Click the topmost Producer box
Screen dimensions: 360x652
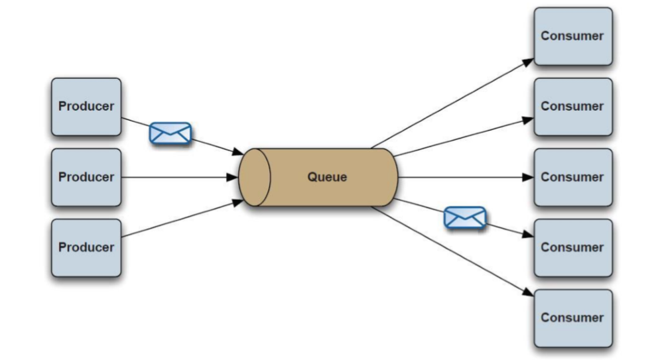[86, 106]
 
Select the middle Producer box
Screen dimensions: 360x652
[86, 177]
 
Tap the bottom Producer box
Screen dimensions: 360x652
[86, 247]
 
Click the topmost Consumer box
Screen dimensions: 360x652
[572, 36]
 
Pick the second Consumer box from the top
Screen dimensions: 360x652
[572, 106]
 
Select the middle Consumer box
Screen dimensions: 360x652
[572, 177]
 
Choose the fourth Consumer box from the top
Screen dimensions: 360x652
[572, 247]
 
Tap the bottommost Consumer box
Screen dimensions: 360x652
[572, 318]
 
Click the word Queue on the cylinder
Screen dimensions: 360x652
[327, 177]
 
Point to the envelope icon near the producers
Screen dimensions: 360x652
[170, 133]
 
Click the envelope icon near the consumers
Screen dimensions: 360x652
[465, 217]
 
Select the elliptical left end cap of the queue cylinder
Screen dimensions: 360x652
[255, 177]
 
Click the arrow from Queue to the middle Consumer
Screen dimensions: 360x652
[464, 177]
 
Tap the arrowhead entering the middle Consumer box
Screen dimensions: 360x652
[529, 177]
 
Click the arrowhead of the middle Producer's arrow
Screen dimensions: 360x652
[233, 177]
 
